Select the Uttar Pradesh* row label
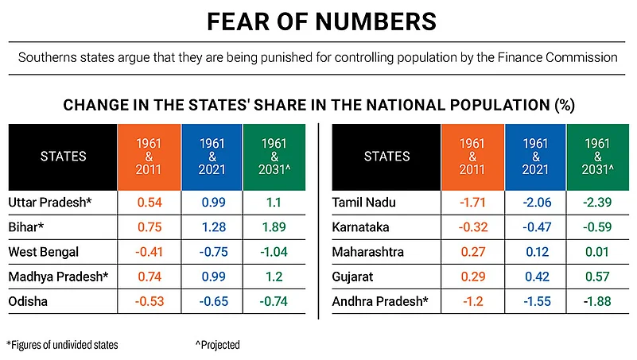click(x=50, y=202)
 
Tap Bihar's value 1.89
click(x=274, y=226)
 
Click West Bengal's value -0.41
click(x=150, y=252)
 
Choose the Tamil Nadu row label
click(x=363, y=202)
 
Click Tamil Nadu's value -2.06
click(x=537, y=202)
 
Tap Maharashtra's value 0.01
click(x=597, y=252)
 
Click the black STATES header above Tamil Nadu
click(x=387, y=157)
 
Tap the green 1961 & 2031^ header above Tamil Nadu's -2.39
click(x=597, y=157)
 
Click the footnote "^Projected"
click(x=217, y=345)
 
